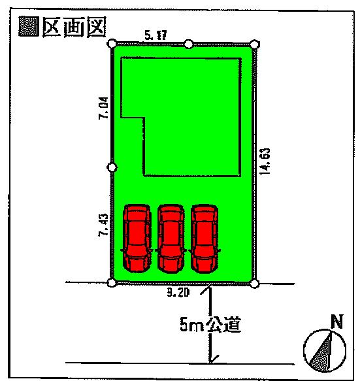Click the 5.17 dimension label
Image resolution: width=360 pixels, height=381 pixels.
(155, 35)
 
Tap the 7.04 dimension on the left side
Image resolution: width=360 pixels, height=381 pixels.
(103, 108)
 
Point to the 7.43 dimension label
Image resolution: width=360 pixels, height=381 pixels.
(103, 225)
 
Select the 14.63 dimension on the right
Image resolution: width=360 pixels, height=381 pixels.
(265, 161)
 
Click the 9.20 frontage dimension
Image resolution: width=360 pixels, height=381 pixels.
(178, 292)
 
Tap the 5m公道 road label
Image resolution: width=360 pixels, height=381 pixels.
(210, 324)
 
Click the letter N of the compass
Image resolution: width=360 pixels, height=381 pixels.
(337, 322)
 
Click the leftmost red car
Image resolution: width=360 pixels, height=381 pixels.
(137, 238)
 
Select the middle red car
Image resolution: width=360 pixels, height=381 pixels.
(171, 239)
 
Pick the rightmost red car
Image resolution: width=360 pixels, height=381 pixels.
(205, 239)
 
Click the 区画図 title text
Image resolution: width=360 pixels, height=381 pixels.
(74, 27)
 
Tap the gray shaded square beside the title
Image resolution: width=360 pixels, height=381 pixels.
(29, 26)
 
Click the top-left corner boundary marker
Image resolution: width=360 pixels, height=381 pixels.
(112, 44)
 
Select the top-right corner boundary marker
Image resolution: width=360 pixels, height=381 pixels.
(254, 44)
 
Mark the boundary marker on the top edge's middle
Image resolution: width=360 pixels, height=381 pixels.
(189, 44)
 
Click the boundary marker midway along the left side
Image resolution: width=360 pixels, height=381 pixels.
(112, 167)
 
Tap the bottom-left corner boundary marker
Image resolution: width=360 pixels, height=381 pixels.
(111, 283)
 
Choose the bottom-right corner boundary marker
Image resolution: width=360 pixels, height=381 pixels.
(254, 284)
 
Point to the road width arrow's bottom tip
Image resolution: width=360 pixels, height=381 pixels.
(210, 363)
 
